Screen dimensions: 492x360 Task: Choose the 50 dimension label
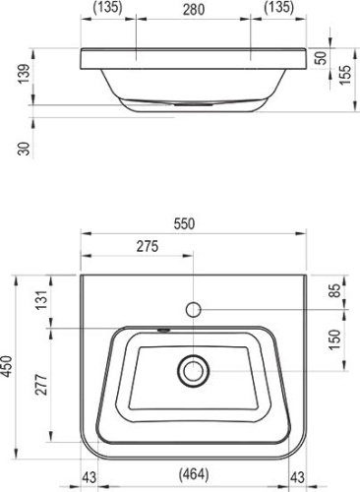(x=320, y=57)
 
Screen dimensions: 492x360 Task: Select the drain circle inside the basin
(x=194, y=371)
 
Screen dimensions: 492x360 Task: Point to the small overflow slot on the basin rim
(x=164, y=333)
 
